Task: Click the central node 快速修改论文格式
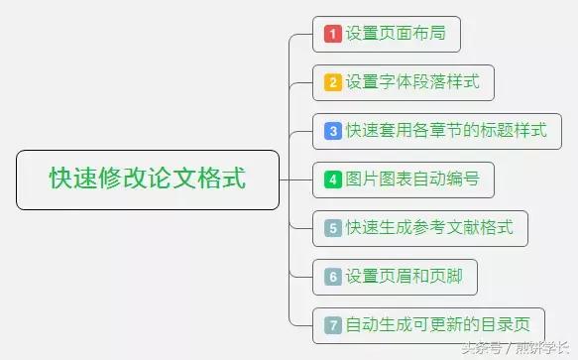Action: (148, 180)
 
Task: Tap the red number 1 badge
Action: (333, 34)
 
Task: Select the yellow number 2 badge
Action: (333, 82)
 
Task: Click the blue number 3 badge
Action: (333, 131)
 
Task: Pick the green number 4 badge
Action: (333, 180)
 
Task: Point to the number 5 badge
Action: (333, 228)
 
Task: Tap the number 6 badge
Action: (333, 277)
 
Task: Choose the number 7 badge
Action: (333, 324)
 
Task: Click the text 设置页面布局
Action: (396, 34)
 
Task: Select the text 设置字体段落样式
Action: (412, 82)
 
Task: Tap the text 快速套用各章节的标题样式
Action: (446, 131)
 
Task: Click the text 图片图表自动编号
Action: (412, 180)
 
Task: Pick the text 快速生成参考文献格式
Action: (429, 228)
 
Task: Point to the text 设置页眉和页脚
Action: (404, 277)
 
